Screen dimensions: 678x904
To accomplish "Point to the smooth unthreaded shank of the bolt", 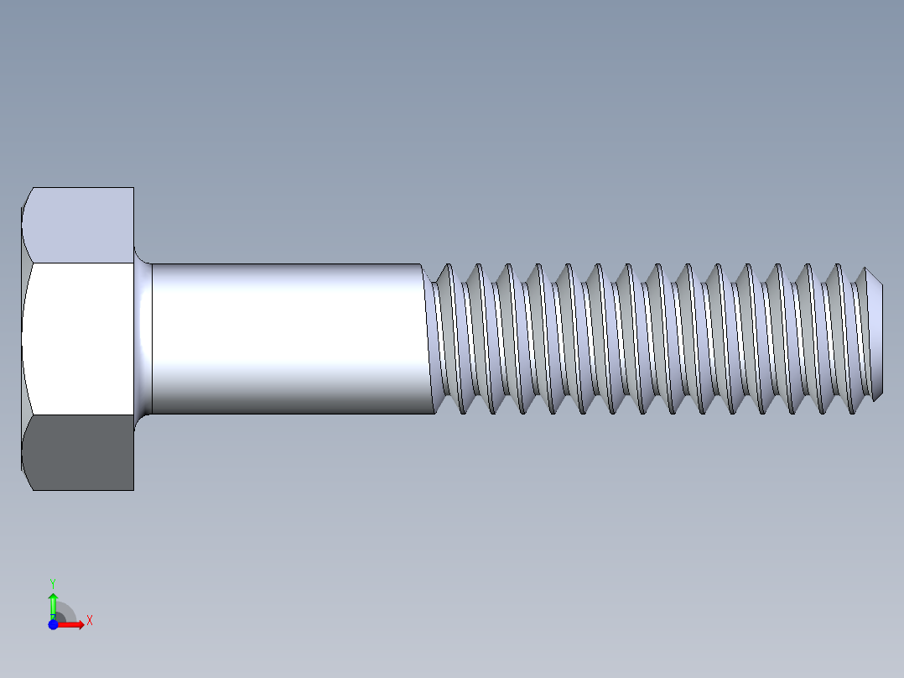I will pyautogui.click(x=285, y=338).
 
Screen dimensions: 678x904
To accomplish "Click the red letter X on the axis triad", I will pyautogui.click(x=89, y=621).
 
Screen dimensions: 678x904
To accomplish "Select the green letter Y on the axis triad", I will pyautogui.click(x=52, y=582).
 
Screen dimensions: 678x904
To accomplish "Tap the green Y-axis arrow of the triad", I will pyautogui.click(x=53, y=602).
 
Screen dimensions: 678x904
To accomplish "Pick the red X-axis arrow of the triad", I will pyautogui.click(x=72, y=625).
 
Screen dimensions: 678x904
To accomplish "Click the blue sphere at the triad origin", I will pyautogui.click(x=53, y=625).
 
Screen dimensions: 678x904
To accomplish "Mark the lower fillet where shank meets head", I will pyautogui.click(x=142, y=416).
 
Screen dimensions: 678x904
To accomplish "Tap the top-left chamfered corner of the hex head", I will pyautogui.click(x=26, y=202).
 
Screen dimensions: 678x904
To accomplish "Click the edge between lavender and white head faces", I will pyautogui.click(x=80, y=263).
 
